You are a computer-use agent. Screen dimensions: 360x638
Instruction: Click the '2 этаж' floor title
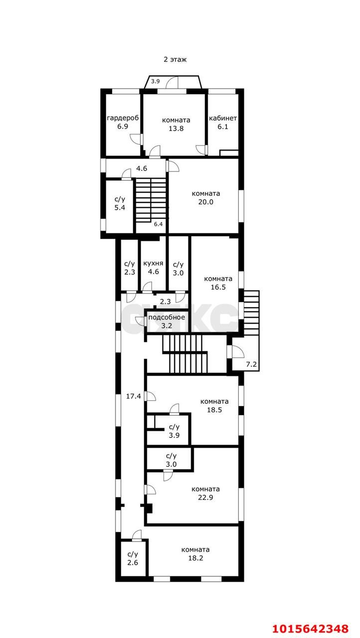(175, 59)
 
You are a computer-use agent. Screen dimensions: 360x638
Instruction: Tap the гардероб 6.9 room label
(123, 122)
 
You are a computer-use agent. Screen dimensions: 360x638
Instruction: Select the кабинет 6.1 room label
(223, 122)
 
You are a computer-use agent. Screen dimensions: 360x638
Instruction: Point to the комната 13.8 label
(176, 124)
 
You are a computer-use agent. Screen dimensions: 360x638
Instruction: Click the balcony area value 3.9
(155, 81)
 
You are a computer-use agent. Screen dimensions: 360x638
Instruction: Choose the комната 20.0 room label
(205, 198)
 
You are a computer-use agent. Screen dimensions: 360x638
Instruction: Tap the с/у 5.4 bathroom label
(120, 203)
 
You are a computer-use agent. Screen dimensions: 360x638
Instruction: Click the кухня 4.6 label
(153, 268)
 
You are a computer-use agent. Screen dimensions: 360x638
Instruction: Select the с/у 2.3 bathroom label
(129, 268)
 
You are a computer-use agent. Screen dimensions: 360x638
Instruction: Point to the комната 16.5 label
(218, 283)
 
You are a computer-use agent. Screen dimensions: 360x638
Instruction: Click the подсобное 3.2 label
(167, 321)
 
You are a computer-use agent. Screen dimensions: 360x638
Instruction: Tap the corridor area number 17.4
(134, 396)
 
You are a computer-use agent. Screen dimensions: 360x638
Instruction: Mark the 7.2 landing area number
(251, 364)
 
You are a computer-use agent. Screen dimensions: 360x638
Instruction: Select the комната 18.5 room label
(214, 406)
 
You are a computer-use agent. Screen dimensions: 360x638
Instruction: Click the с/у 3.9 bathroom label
(174, 431)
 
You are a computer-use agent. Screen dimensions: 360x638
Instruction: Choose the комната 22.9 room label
(205, 493)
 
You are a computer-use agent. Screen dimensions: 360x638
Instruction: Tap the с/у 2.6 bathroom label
(133, 558)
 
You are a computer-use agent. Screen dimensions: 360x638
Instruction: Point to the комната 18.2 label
(195, 554)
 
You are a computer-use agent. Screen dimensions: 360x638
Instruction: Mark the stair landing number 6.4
(159, 224)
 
